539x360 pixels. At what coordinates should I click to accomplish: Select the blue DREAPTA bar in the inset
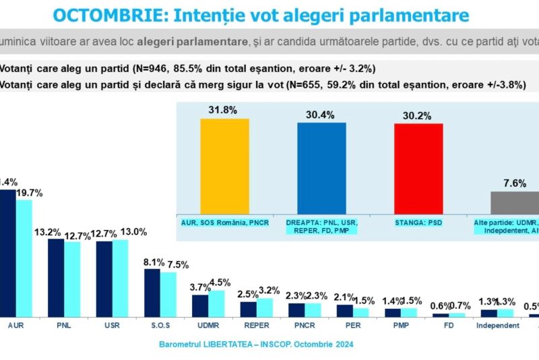coord(321,169)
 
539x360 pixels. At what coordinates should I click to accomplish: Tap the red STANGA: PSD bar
coord(418,169)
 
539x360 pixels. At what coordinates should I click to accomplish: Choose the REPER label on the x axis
coord(255,325)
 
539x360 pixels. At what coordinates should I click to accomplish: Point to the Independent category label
coord(497,325)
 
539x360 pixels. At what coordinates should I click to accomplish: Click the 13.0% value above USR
coord(133,231)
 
